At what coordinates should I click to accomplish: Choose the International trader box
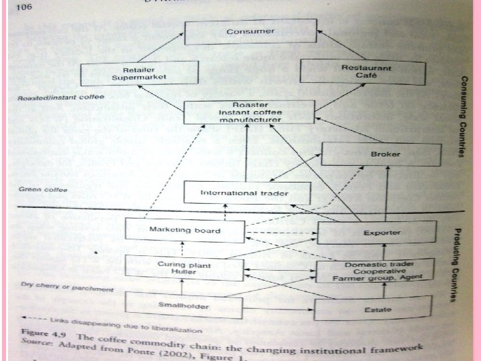click(247, 193)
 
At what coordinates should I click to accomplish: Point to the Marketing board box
click(183, 231)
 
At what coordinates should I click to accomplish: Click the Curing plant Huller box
click(183, 267)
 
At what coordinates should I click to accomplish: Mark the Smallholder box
click(182, 306)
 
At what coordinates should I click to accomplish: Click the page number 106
click(24, 7)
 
